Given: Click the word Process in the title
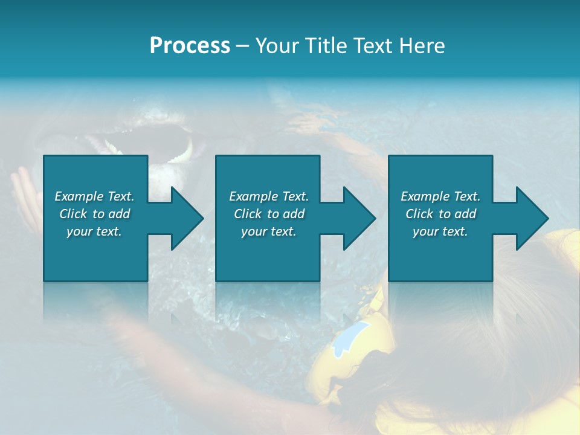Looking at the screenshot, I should click(190, 46).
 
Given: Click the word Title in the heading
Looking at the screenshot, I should click(321, 46).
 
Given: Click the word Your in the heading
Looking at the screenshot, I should click(277, 46).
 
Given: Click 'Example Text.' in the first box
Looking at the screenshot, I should click(94, 196).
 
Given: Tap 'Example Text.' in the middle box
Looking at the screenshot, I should click(269, 196).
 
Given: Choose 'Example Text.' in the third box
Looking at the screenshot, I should click(440, 196).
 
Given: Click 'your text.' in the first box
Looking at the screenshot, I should click(94, 231).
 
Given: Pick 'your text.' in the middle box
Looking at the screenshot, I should click(269, 231).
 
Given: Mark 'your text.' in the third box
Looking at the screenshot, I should click(440, 231).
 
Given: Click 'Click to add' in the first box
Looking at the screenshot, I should click(94, 214).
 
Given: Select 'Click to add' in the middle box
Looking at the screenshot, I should click(269, 214).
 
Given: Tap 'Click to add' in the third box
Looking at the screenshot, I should click(440, 214).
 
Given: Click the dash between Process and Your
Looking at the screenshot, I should click(242, 47).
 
